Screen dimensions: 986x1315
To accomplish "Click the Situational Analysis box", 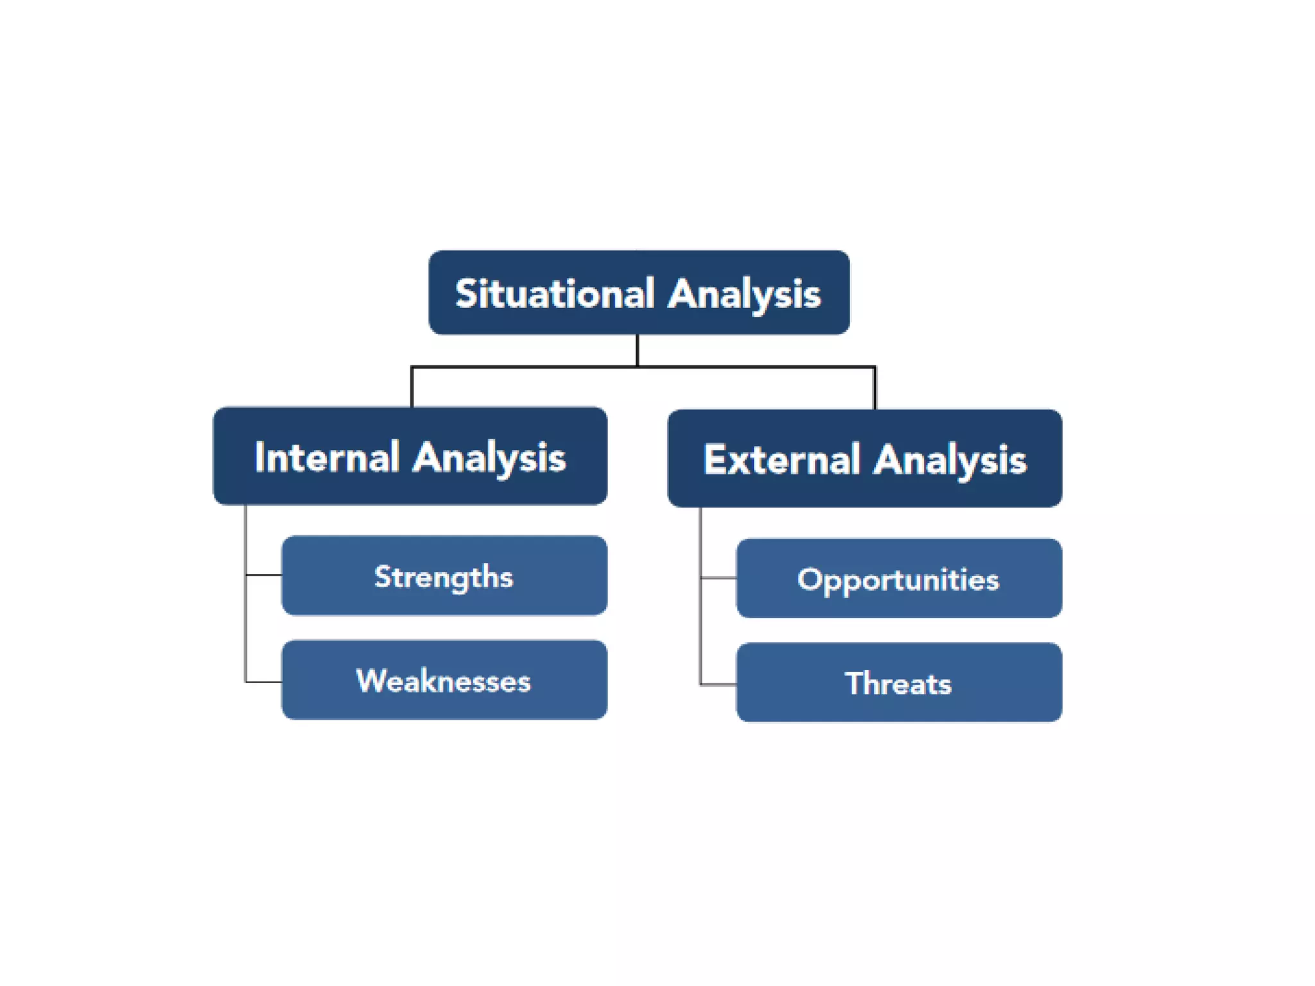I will coord(639,292).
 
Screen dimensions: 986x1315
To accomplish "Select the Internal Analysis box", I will coord(410,456).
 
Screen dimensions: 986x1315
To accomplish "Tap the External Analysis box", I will coord(864,458).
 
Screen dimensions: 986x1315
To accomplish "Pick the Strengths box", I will coord(444,576).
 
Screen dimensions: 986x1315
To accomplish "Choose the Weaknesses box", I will coord(444,680).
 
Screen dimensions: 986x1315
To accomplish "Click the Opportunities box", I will coord(899,578).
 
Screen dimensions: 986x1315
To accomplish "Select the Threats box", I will coord(899,682).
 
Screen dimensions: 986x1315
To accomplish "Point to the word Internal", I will coord(327,458).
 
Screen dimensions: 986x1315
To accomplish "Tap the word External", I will coord(781,460).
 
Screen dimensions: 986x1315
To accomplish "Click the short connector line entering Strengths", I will coord(264,575).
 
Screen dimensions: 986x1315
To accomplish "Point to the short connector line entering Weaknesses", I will coord(264,682).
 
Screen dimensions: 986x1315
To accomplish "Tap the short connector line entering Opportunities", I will coord(718,578).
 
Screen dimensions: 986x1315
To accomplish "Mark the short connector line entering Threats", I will coord(718,685).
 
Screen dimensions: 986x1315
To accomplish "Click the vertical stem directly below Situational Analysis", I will coord(637,350).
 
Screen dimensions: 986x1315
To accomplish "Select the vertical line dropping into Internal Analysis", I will coord(412,387).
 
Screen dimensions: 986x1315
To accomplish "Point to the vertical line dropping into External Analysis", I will coord(875,388).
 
